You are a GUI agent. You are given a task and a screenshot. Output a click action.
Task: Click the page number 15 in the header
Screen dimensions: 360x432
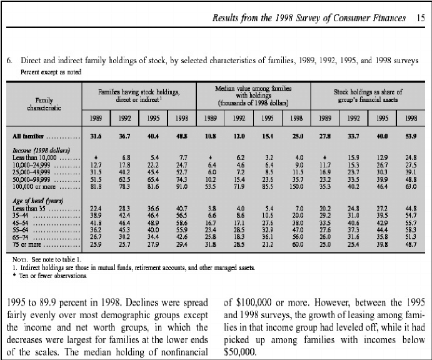tap(420, 18)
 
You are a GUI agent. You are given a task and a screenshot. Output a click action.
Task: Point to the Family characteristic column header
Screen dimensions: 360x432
tap(44, 103)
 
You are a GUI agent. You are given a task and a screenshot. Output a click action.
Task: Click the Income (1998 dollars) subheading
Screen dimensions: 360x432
tap(43, 151)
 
